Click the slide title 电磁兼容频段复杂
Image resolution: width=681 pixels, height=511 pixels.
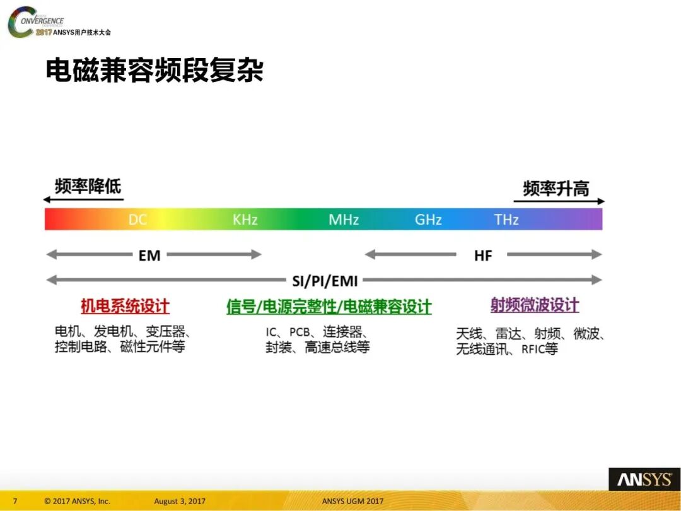pos(154,71)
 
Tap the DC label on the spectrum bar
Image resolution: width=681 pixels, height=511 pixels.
pos(137,220)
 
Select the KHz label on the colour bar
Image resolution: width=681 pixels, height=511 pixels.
pos(245,220)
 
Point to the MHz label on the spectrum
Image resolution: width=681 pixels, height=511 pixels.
pos(344,220)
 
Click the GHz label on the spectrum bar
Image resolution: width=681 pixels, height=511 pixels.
pos(428,220)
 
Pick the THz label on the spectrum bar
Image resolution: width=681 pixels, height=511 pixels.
pos(506,220)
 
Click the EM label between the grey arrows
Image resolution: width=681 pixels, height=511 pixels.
pos(149,255)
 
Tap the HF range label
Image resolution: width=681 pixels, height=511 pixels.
pos(482,255)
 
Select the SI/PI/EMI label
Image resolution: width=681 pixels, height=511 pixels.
pos(325,281)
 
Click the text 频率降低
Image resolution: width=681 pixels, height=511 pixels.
pos(88,186)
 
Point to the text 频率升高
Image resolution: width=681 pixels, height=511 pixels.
pos(556,188)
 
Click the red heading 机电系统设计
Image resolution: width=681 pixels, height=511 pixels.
pos(125,307)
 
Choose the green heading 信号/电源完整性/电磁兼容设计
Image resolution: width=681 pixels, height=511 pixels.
pos(329,307)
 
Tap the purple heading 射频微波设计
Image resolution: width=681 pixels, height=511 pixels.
pos(534,305)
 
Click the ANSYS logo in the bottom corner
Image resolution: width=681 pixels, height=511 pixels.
pos(644,479)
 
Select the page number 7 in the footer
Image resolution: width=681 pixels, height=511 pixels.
pos(15,502)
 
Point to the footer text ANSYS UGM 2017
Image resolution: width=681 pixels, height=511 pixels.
pos(352,502)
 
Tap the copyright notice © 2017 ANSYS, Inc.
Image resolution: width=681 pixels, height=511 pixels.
pos(77,502)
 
